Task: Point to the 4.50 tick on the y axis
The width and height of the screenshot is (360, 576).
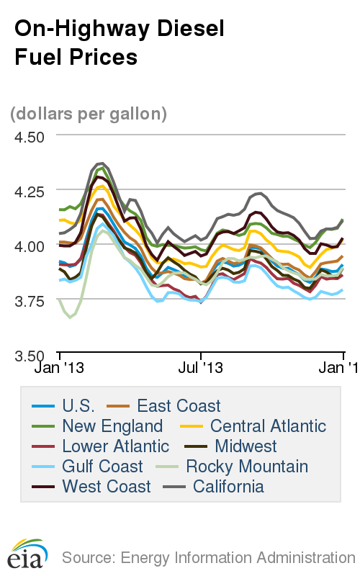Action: coord(27,137)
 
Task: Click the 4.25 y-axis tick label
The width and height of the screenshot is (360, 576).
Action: coord(27,192)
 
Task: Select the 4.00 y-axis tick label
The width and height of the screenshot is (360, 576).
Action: coord(27,246)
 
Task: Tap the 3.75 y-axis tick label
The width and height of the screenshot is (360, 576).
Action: coord(27,300)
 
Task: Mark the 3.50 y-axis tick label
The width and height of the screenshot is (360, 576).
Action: coord(27,355)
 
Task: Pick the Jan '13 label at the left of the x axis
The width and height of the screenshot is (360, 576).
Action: coord(59,368)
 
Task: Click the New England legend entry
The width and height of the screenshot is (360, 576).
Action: coord(112,426)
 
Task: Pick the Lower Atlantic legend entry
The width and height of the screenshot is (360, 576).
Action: coord(115,446)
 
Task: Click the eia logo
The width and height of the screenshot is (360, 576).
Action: coord(28,553)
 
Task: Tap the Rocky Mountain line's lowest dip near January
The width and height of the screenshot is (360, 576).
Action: coord(70,316)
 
